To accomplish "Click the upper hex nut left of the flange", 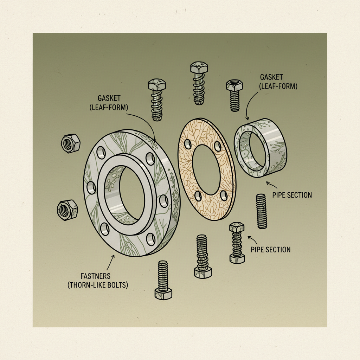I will [x=70, y=143].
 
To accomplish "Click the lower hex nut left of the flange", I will [x=66, y=210].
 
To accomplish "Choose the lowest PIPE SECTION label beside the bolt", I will [x=270, y=250].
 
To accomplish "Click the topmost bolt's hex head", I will [x=199, y=68].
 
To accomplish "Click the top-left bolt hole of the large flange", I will [x=100, y=152].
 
